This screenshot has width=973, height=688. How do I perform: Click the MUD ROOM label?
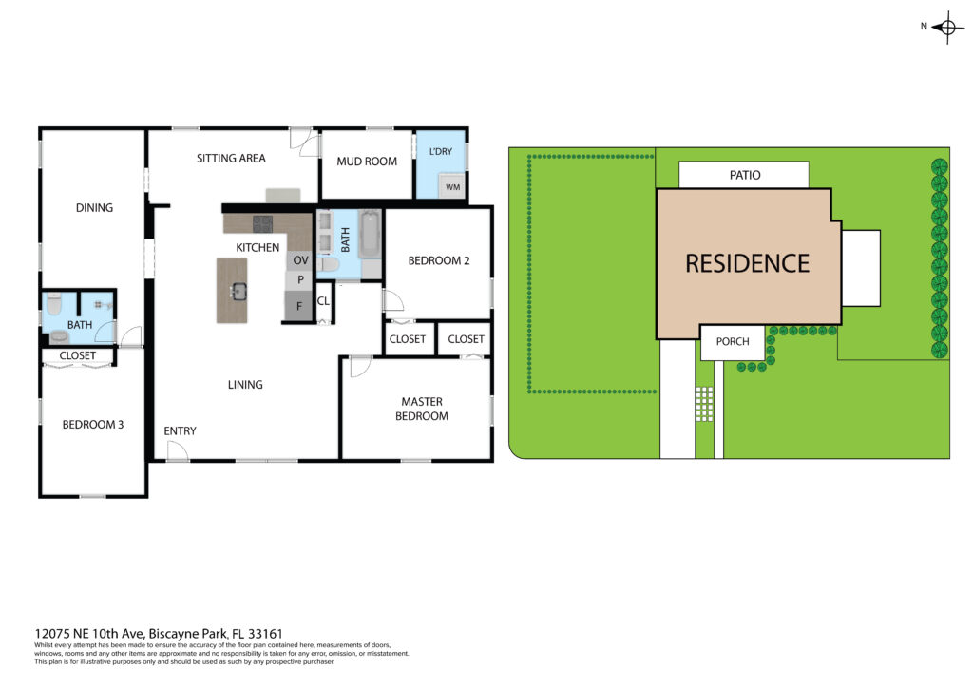(x=367, y=162)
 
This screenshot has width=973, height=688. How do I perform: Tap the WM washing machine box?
(x=452, y=187)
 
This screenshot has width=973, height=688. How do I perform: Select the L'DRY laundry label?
(x=441, y=151)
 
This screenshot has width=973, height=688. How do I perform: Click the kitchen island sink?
(x=238, y=291)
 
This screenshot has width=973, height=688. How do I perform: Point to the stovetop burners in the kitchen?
(x=262, y=223)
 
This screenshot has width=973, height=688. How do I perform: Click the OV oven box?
(x=300, y=260)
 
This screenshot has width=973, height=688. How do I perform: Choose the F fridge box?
(x=298, y=307)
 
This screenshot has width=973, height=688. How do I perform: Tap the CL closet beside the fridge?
(x=323, y=302)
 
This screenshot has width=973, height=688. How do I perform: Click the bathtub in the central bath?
(x=370, y=235)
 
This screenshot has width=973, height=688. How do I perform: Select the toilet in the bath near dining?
(x=54, y=305)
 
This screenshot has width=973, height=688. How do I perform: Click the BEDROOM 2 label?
(x=439, y=260)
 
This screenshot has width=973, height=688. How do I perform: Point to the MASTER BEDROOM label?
(x=422, y=409)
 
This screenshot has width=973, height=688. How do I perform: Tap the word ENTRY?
(x=180, y=430)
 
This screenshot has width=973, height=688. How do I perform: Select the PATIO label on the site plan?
(x=745, y=175)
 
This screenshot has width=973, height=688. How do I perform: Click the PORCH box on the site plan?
(x=733, y=342)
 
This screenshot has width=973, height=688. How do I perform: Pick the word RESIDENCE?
(x=747, y=263)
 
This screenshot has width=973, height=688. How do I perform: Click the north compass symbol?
(x=946, y=28)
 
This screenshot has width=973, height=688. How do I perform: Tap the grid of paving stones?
(x=704, y=404)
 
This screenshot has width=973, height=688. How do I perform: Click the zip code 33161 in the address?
(x=265, y=634)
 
